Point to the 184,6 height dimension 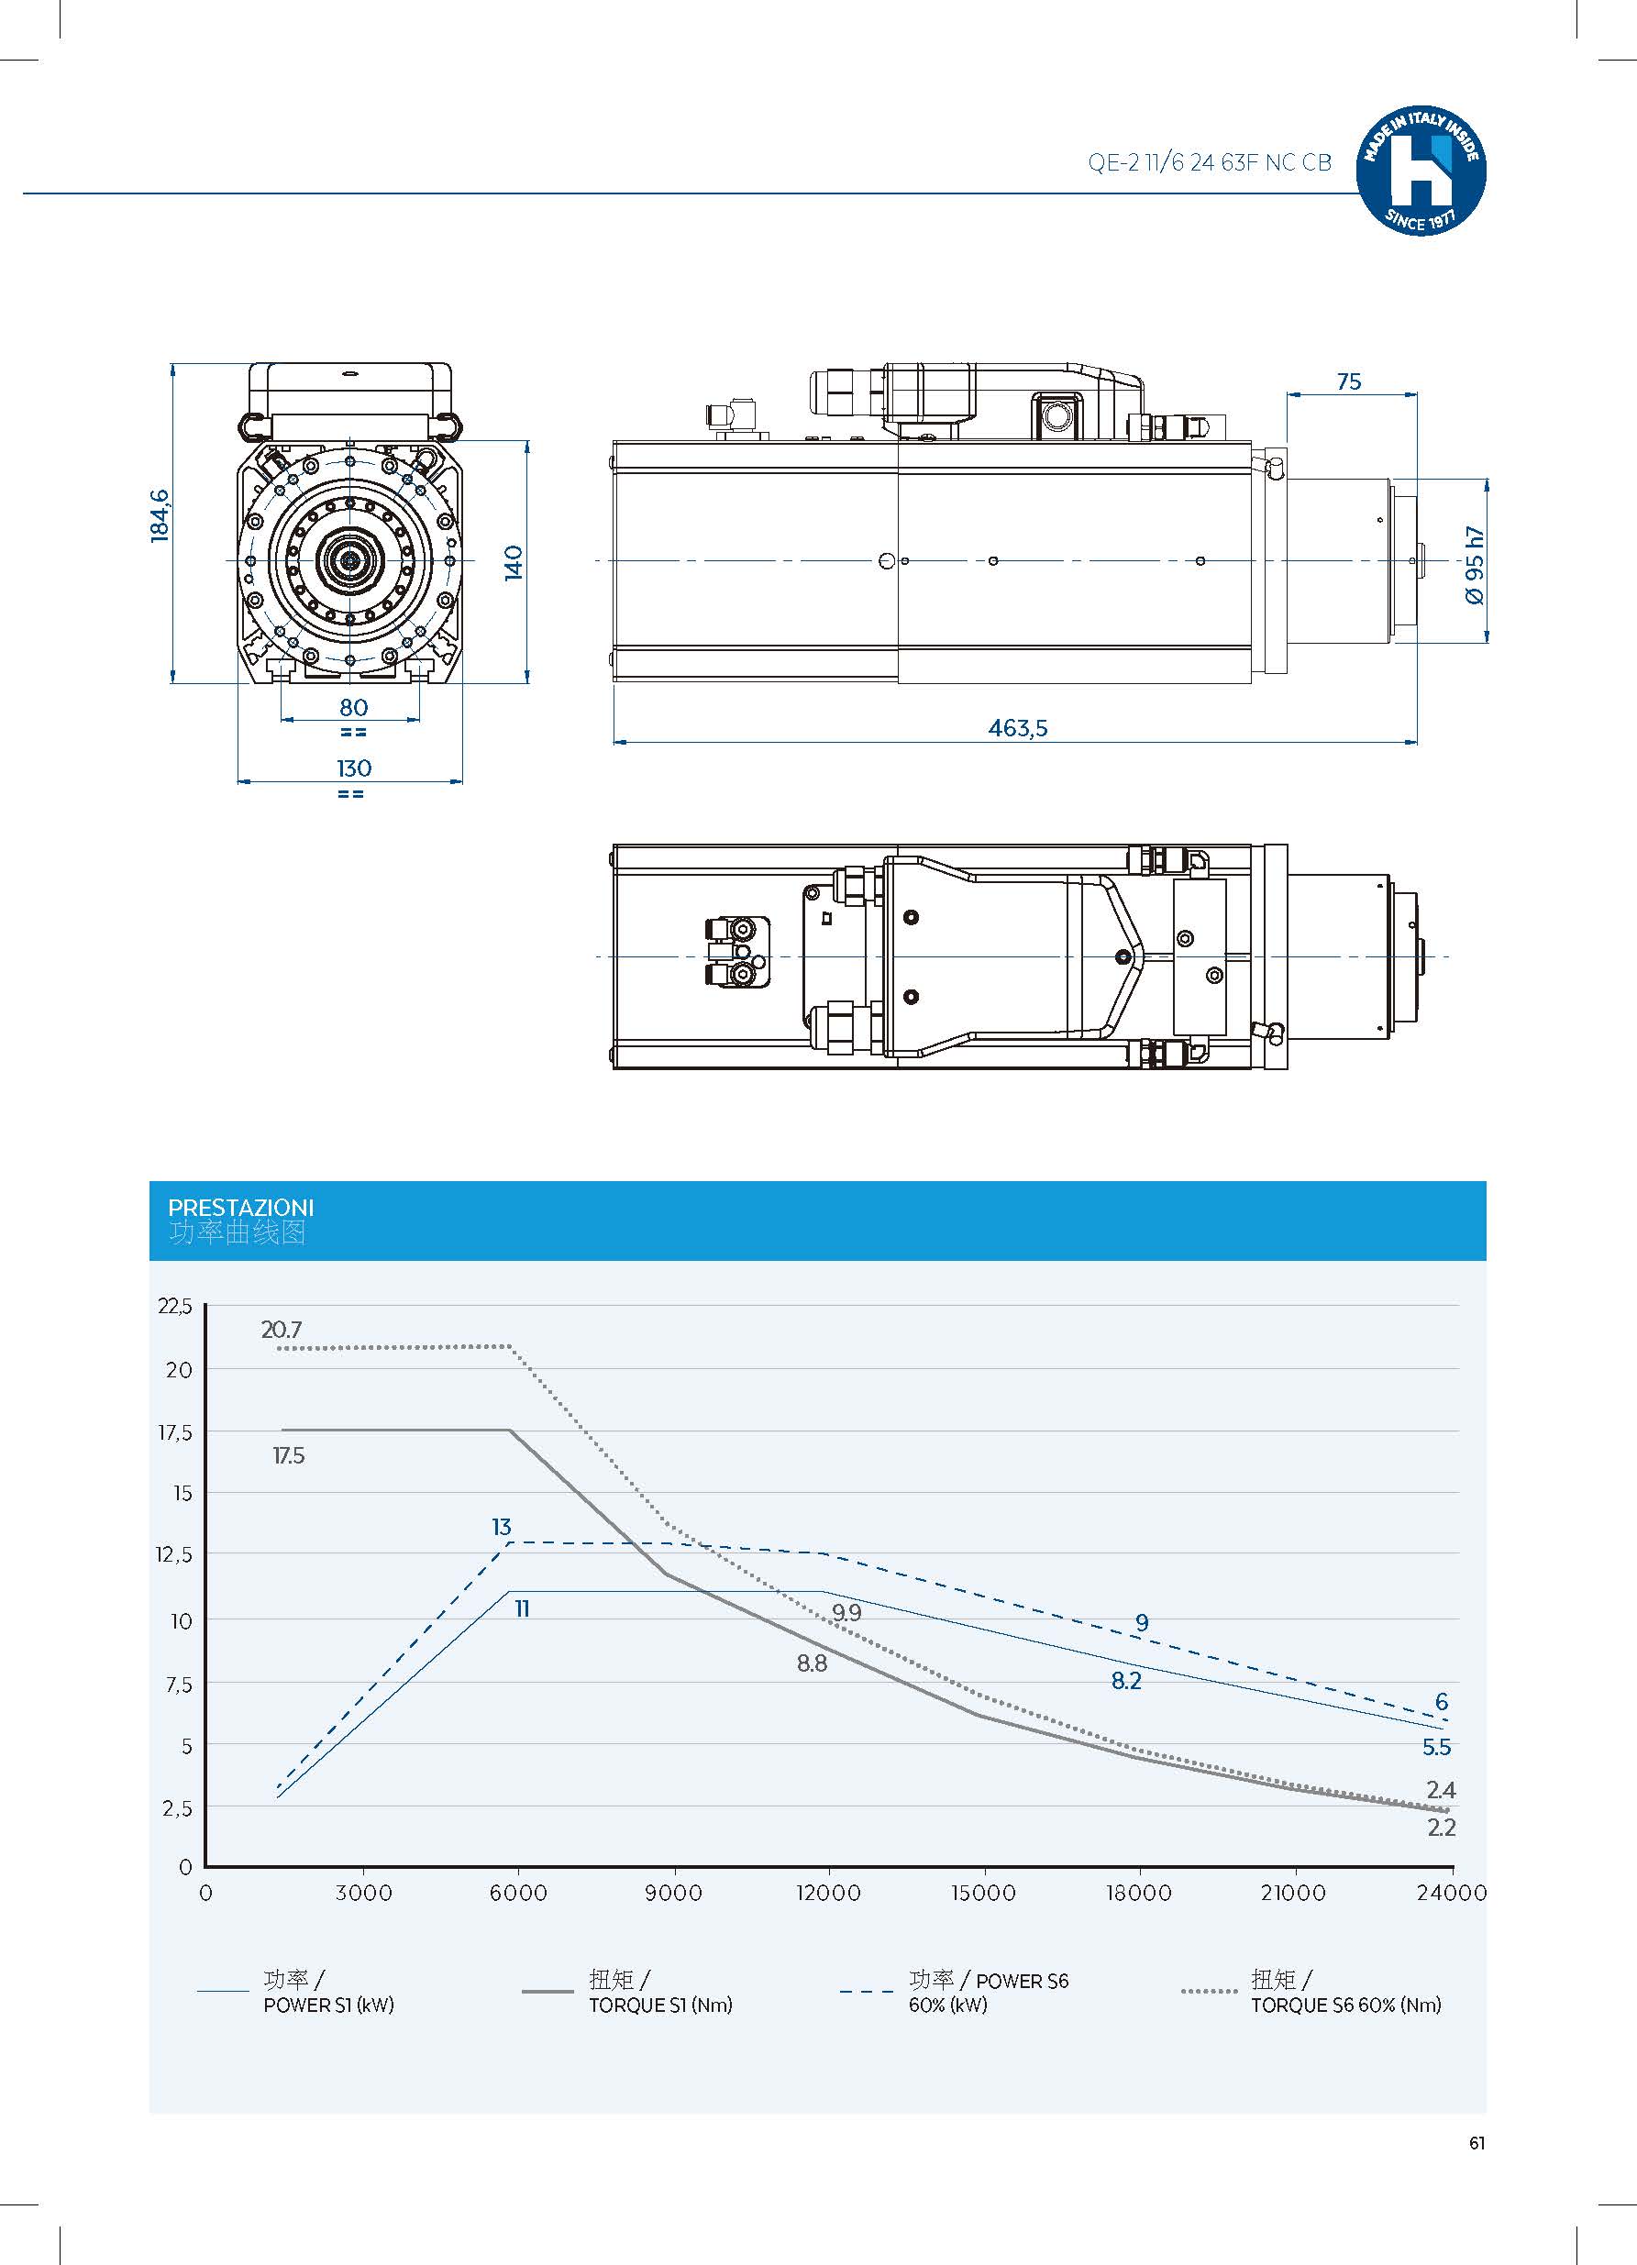(x=160, y=515)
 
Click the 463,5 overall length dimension (x=1018, y=728)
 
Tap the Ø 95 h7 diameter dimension (x=1474, y=564)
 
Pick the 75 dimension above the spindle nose (x=1348, y=381)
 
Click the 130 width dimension (x=354, y=768)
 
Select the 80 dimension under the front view (x=354, y=707)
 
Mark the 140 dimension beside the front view (x=513, y=562)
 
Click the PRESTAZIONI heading (x=240, y=1208)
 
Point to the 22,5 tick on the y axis (x=175, y=1306)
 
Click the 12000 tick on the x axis (x=828, y=1893)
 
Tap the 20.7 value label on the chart (x=281, y=1331)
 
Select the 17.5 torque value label (x=289, y=1456)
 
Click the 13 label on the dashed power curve (x=502, y=1527)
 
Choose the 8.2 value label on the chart (x=1126, y=1682)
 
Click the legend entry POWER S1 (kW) (x=328, y=2005)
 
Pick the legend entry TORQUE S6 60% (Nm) (x=1345, y=2005)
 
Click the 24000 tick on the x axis (x=1451, y=1893)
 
